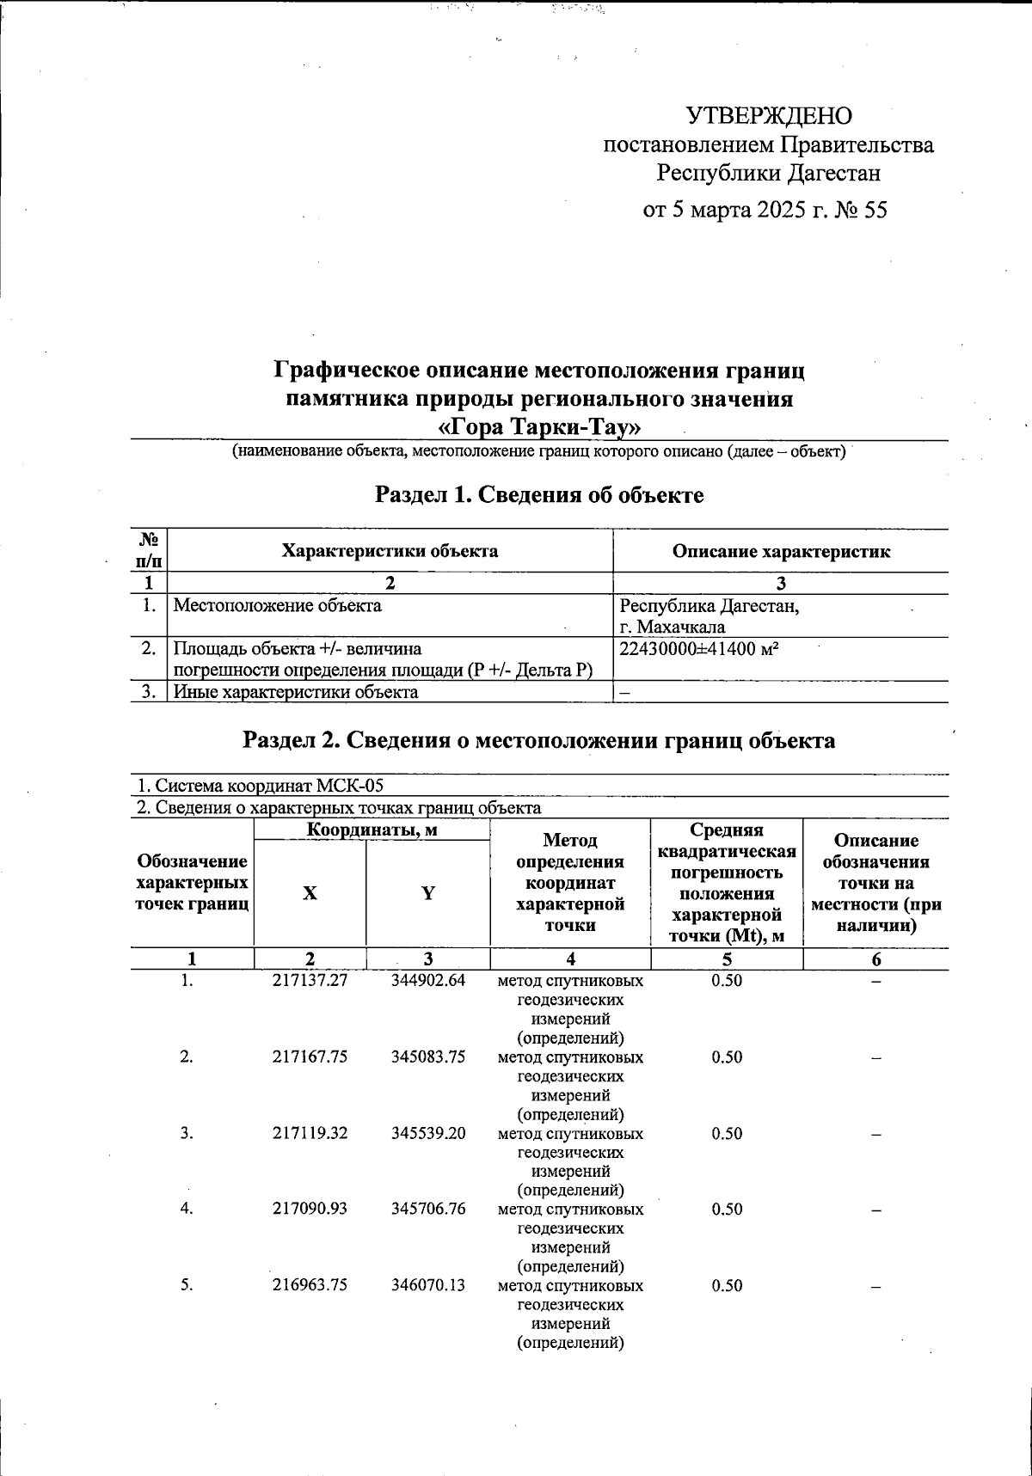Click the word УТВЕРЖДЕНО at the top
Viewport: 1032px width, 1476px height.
pyautogui.click(x=769, y=116)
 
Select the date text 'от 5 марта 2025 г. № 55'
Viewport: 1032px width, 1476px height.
pyautogui.click(x=765, y=211)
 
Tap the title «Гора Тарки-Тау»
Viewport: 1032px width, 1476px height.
pyautogui.click(x=539, y=427)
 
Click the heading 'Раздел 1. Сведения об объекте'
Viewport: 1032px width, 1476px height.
pyautogui.click(x=539, y=495)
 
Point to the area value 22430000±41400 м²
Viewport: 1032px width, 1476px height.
pyautogui.click(x=699, y=650)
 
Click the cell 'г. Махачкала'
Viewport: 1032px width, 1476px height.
pyautogui.click(x=673, y=628)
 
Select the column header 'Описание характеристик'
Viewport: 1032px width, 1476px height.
pyautogui.click(x=781, y=552)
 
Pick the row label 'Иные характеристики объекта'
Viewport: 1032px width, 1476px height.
pyautogui.click(x=296, y=692)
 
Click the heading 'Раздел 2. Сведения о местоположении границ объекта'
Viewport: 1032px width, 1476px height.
pyautogui.click(x=539, y=741)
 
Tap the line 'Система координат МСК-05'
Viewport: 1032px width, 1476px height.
pyautogui.click(x=261, y=786)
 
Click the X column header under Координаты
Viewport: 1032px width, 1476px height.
pyautogui.click(x=310, y=894)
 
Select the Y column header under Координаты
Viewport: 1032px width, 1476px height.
pyautogui.click(x=427, y=894)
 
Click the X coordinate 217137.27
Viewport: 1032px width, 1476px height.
pyautogui.click(x=310, y=981)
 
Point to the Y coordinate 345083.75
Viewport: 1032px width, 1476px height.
pyautogui.click(x=427, y=1057)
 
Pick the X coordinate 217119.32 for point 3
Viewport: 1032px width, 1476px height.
pyautogui.click(x=310, y=1134)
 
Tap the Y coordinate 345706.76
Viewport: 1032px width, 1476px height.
pyautogui.click(x=427, y=1210)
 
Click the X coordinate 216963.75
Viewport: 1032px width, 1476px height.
pyautogui.click(x=310, y=1286)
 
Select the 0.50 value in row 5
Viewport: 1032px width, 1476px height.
pyautogui.click(x=727, y=1286)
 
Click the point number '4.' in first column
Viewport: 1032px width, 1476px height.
pyautogui.click(x=187, y=1210)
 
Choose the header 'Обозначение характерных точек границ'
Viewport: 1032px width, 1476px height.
pyautogui.click(x=193, y=883)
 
